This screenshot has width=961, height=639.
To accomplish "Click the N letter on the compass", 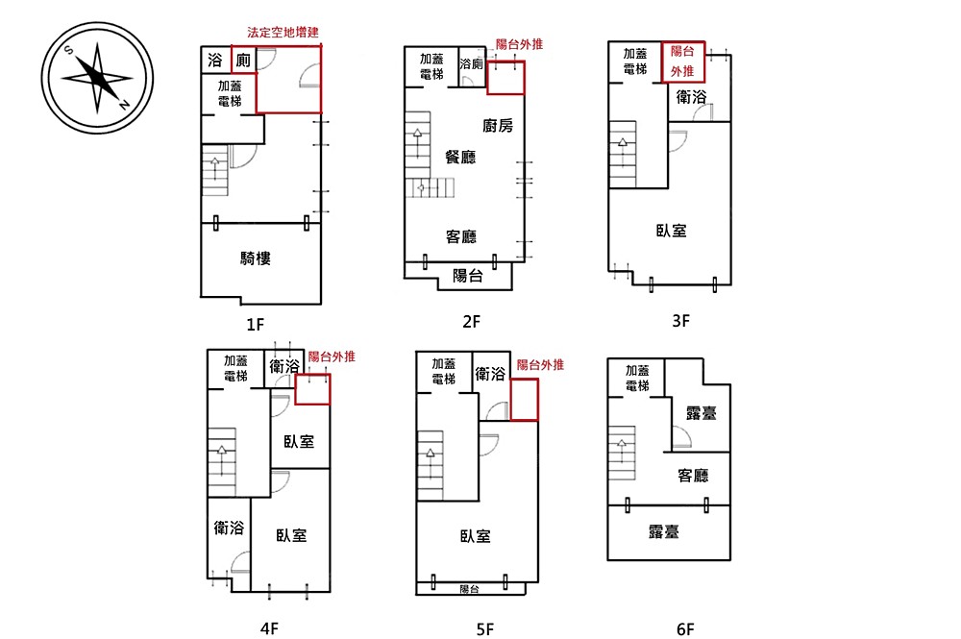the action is click(124, 105).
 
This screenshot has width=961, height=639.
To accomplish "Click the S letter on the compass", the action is click(68, 50).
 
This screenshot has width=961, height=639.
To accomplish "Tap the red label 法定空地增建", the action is click(283, 33).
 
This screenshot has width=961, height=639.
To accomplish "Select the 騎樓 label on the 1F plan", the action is click(255, 258).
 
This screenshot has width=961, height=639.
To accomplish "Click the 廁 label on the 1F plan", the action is click(243, 60).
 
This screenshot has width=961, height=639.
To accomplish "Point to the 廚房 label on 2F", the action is click(498, 126).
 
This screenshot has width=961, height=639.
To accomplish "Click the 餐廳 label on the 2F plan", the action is click(460, 158).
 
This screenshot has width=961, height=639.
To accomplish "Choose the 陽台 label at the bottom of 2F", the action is click(468, 277).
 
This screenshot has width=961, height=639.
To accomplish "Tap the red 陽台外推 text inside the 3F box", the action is click(682, 61).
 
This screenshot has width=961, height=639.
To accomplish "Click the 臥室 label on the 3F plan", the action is click(671, 231).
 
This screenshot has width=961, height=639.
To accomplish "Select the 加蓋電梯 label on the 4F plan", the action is click(235, 368).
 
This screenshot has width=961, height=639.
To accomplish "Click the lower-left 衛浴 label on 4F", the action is click(229, 528).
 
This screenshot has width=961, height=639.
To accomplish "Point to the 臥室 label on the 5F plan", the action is click(475, 537).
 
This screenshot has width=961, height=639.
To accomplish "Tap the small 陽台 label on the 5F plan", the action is click(469, 589).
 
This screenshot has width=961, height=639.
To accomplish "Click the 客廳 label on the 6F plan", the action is click(693, 476).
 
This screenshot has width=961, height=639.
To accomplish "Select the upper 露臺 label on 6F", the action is click(702, 413).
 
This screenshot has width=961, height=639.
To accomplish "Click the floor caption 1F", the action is click(255, 324).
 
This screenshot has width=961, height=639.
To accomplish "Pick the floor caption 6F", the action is click(685, 629).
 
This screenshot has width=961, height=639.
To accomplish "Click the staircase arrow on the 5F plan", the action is click(431, 466).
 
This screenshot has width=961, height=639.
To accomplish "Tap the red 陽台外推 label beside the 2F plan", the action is click(519, 44).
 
